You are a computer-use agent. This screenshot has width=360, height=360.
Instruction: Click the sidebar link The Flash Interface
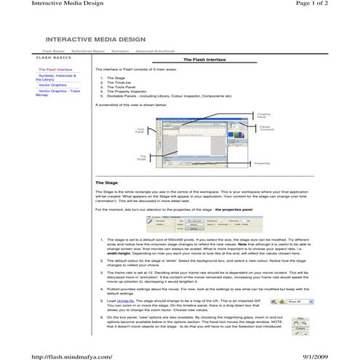coord(55,70)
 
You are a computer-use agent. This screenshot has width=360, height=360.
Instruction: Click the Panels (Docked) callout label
coord(267,128)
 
